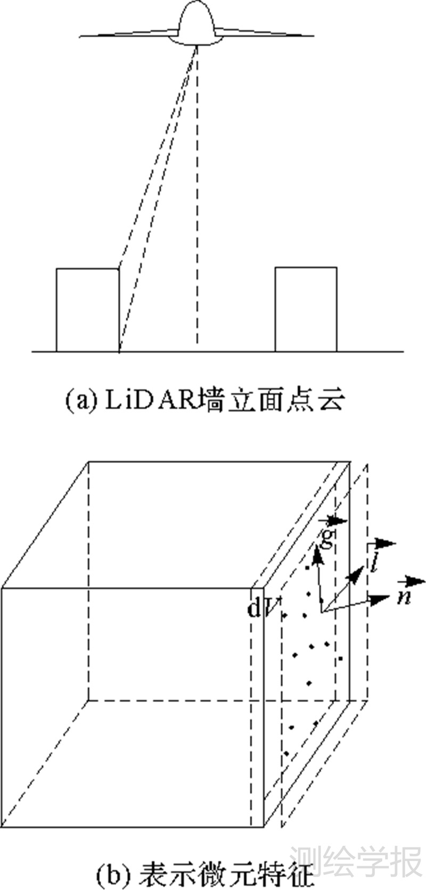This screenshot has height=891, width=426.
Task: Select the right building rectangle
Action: point(306,309)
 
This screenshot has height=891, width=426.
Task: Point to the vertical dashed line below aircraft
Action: point(198,213)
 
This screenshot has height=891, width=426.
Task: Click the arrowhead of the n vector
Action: point(382,599)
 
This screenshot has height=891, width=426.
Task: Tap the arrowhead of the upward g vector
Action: point(318,556)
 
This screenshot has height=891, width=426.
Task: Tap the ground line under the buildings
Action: point(213,352)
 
